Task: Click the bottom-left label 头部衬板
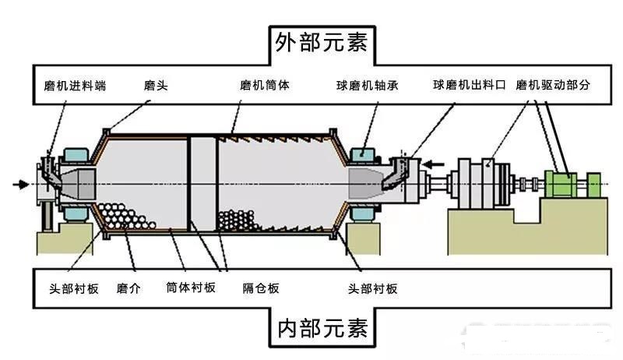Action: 69,288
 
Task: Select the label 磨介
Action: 128,288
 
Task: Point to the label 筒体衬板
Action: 191,288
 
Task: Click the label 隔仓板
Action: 260,288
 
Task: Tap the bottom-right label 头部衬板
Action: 371,288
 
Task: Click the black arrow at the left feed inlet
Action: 22,184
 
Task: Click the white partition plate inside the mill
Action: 201,184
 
